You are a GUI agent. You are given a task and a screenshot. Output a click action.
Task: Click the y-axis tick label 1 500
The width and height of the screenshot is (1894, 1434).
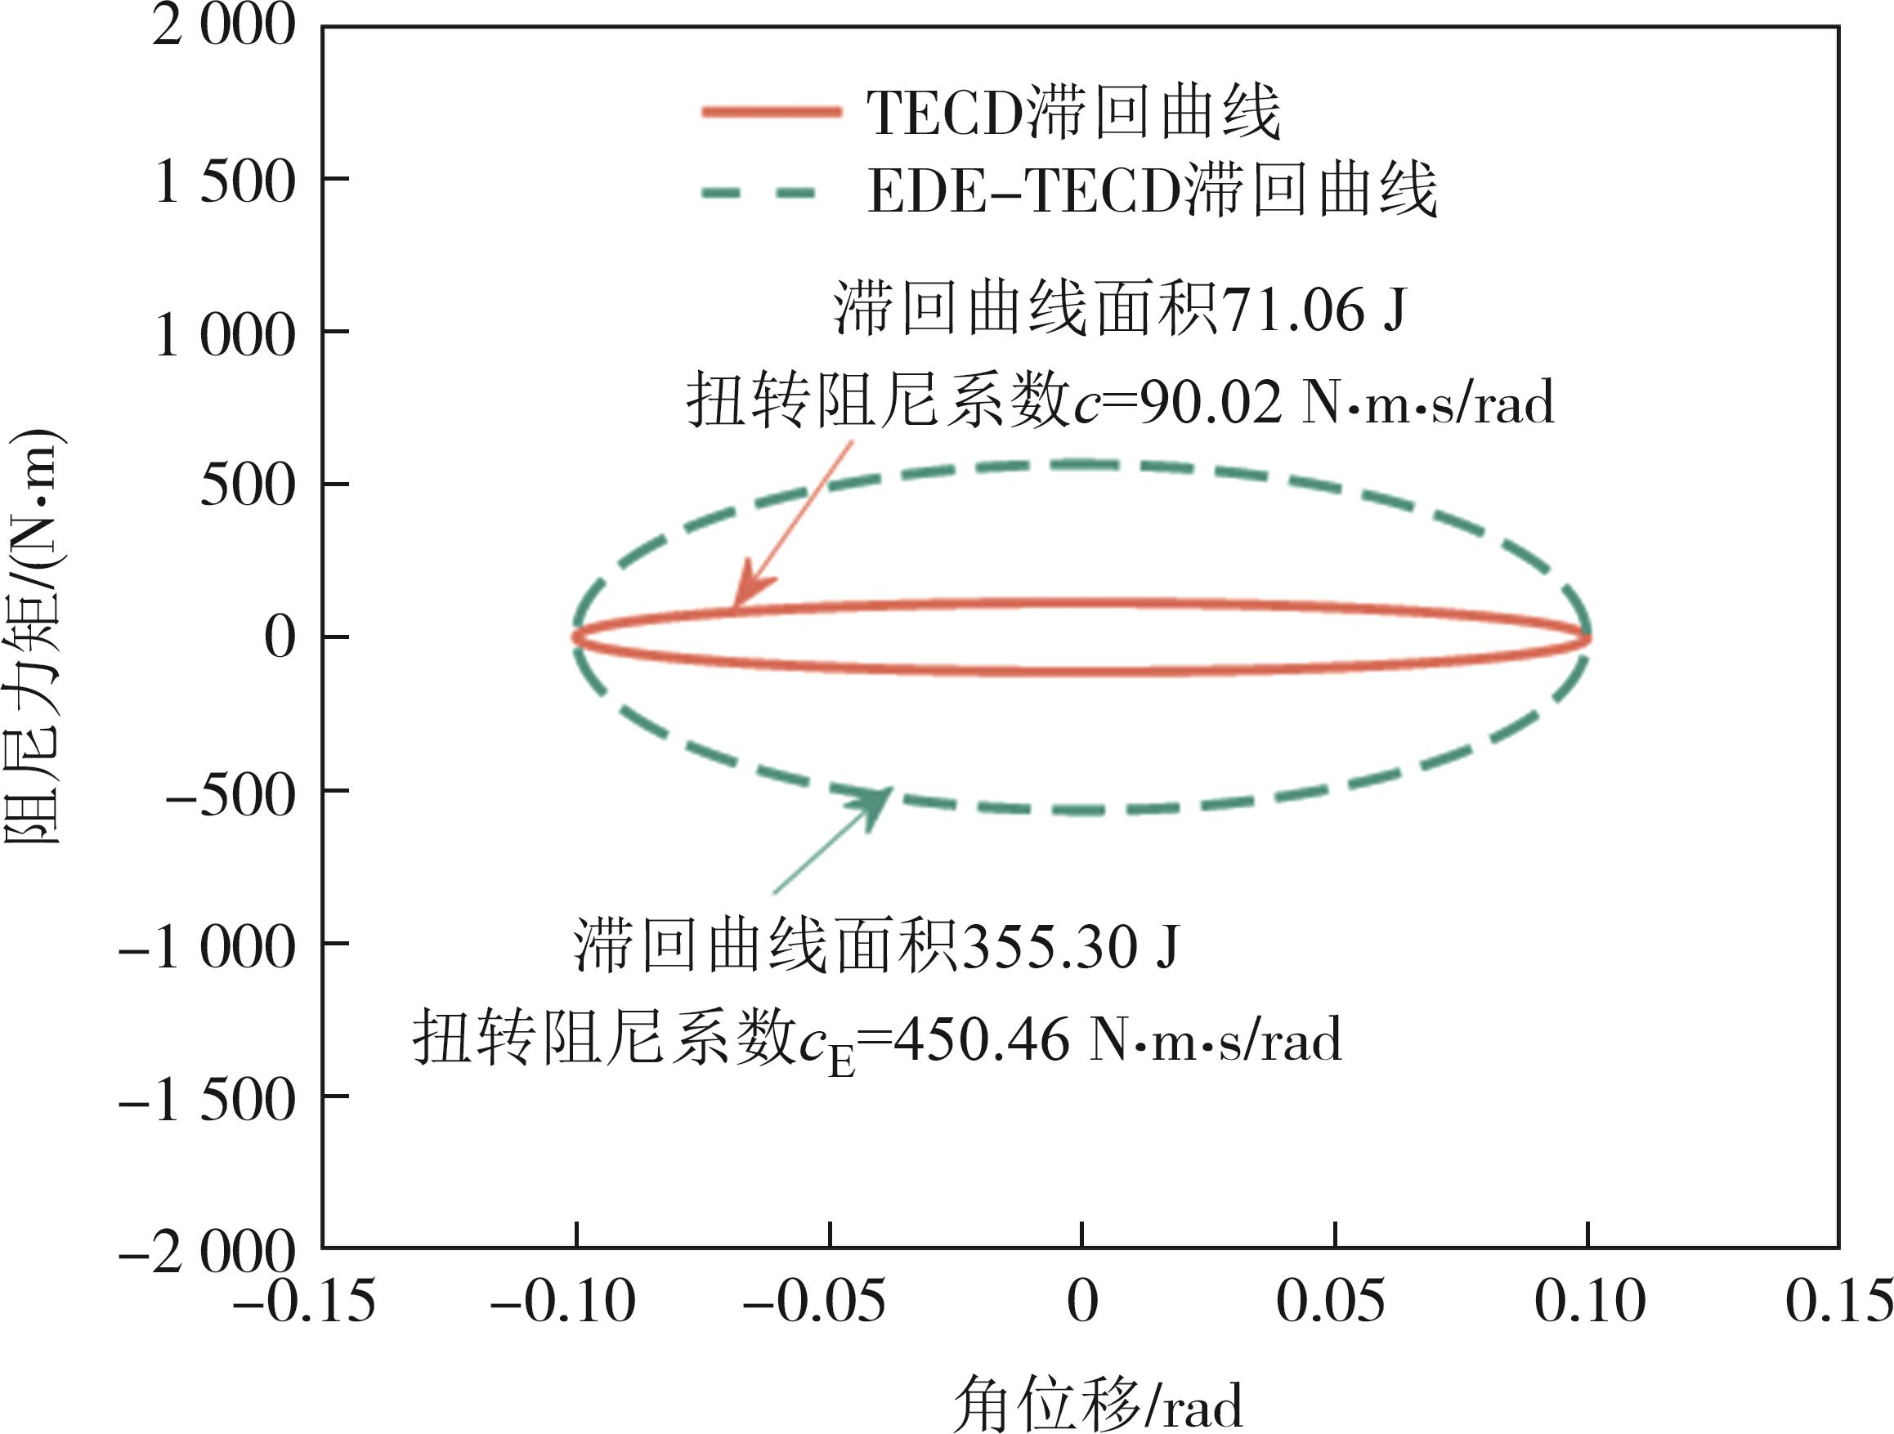[225, 181]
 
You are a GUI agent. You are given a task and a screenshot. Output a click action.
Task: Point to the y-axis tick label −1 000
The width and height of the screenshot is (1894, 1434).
[207, 948]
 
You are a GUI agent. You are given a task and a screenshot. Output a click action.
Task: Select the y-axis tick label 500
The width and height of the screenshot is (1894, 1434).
[248, 486]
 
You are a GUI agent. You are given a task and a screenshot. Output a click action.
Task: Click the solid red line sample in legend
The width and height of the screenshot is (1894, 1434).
[771, 112]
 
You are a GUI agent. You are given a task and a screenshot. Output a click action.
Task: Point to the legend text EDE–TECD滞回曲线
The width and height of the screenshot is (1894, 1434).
[1152, 190]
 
